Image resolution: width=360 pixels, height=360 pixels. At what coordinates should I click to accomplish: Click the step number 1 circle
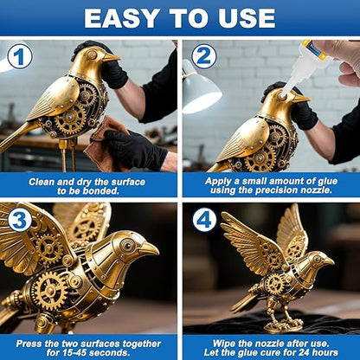tap(20, 57)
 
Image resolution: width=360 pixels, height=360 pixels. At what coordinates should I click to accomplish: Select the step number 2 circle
tap(204, 57)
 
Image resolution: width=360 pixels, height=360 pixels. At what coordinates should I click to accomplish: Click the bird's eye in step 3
tap(127, 247)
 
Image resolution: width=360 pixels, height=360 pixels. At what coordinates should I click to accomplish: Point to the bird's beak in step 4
tap(330, 260)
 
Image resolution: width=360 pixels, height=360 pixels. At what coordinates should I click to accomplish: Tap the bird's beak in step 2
tap(301, 98)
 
